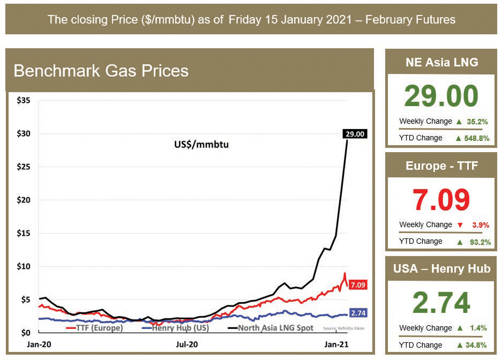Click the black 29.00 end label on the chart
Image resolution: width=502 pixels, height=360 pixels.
tap(355, 134)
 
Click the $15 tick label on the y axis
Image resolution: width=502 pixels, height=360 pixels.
tap(24, 233)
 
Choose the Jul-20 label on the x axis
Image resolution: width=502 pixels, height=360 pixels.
tap(187, 345)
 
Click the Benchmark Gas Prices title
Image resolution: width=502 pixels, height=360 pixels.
tap(101, 70)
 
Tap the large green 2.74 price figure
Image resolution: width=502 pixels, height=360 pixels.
tap(441, 302)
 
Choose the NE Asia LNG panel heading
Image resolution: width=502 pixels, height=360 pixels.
tap(441, 62)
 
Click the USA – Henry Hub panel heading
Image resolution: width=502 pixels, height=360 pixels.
tap(441, 269)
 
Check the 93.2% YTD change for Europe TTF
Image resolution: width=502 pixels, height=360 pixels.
tap(477, 242)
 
